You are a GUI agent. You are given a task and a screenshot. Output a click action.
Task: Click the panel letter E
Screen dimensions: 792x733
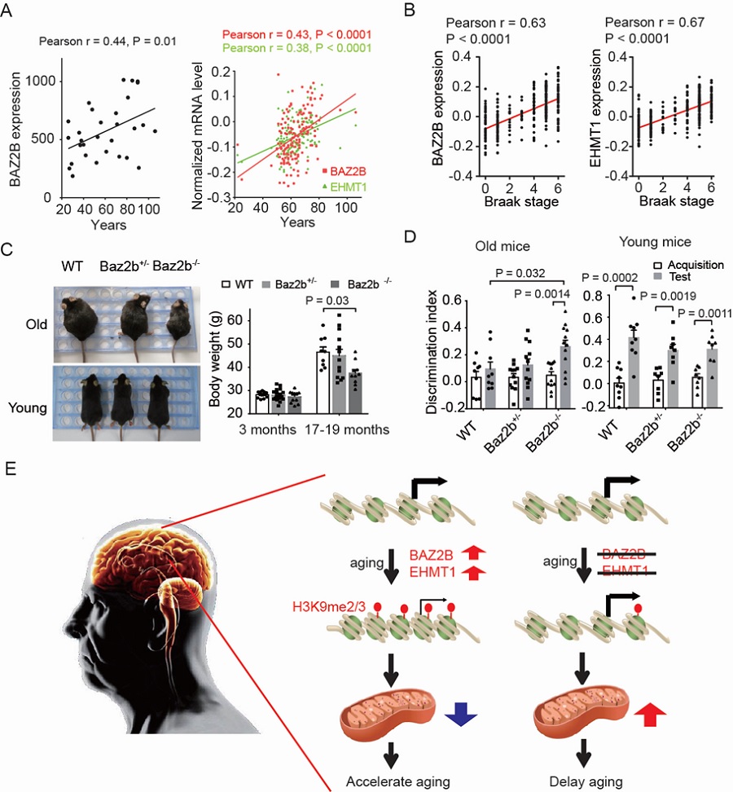[10, 471]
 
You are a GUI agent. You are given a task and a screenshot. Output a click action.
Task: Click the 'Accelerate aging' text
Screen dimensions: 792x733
[397, 781]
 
